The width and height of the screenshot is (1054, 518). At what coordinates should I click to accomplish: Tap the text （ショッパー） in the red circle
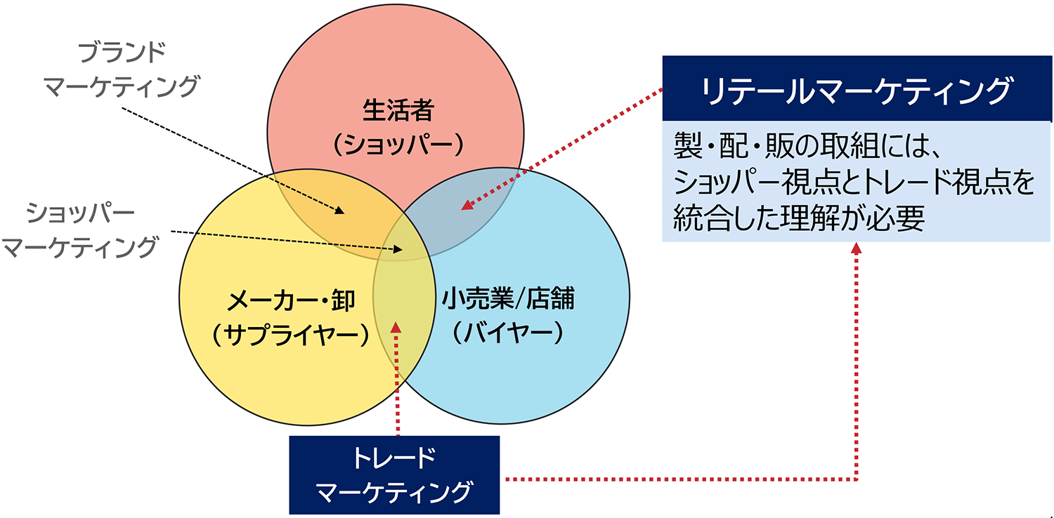coord(396,145)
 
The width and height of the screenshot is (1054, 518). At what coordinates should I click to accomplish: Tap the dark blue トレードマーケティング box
coord(394,475)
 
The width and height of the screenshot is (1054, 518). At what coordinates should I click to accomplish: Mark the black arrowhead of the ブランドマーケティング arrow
coord(341,211)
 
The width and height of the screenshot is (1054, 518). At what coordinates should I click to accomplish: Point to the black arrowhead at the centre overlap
coord(401,249)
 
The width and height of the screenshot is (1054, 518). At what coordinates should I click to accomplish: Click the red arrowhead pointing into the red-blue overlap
coord(464,206)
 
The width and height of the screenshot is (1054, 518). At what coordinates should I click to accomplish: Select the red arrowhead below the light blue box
coord(857,249)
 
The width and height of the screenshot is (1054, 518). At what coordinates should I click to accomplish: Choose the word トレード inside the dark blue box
coord(394,459)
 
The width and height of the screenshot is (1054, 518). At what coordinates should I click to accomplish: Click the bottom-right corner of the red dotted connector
coord(857,480)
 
